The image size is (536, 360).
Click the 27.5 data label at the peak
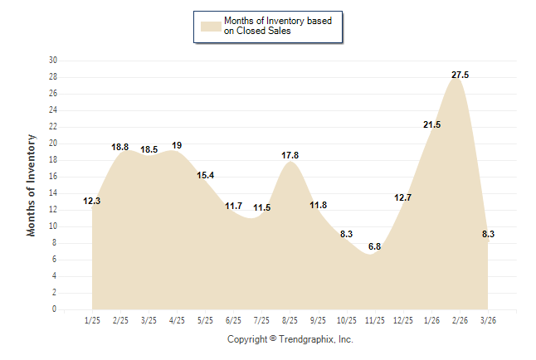[460, 75]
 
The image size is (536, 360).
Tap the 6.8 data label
[374, 246]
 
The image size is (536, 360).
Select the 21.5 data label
[431, 124]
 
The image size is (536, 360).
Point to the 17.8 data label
[290, 155]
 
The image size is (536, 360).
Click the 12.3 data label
[92, 201]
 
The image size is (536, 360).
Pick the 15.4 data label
[205, 175]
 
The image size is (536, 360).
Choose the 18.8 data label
[120, 147]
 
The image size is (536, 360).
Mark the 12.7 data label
[402, 197]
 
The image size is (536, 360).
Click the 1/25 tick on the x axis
[92, 320]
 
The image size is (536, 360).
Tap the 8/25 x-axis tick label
[290, 320]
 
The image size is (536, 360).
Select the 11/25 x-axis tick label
[374, 320]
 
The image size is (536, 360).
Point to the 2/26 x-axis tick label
[460, 320]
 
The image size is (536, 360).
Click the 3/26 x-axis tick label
[488, 320]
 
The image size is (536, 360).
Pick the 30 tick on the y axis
[53, 61]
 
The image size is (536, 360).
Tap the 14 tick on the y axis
[53, 193]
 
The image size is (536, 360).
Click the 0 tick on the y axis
[55, 309]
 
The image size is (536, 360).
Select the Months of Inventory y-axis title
[32, 185]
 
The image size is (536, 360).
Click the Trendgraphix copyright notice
[290, 339]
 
